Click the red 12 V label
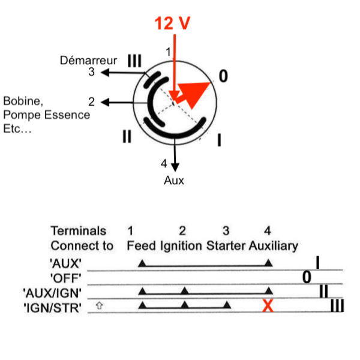pos(172,23)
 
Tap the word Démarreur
pos(88,61)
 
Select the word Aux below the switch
pos(174,181)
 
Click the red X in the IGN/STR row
pos(268,305)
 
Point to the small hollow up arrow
pos(99,305)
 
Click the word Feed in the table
pos(141,245)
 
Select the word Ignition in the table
pos(181,246)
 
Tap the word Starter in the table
pos(226,245)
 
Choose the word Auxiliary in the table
pos(274,246)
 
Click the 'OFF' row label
pos(65,278)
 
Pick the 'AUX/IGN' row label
pos(52,293)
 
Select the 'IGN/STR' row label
pos(53,308)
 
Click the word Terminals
pos(78,231)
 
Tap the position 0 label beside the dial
pos(223,76)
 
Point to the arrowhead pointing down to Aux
pos(175,167)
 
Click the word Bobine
pos(23,101)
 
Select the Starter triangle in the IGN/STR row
pos(227,305)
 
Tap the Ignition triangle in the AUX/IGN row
pos(185,290)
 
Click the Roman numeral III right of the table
pos(337,306)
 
